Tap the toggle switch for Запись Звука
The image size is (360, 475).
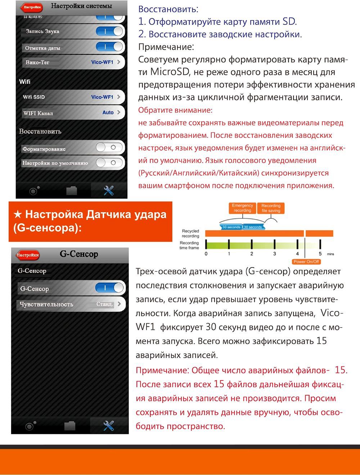109,32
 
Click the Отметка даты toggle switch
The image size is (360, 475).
109,47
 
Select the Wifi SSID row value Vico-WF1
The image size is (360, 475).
102,97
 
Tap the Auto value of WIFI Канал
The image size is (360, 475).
108,113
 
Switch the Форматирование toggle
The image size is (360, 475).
110,147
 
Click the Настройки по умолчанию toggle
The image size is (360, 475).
110,163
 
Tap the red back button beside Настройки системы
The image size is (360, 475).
32,7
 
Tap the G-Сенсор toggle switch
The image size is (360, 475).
109,288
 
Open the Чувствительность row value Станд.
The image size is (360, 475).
105,304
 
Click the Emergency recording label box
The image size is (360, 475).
242,208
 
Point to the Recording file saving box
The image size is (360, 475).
271,208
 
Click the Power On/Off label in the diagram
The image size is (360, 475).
306,262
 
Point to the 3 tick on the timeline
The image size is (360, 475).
274,254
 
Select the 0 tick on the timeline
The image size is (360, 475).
206,254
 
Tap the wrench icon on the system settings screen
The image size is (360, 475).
109,190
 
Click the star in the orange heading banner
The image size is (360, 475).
17,215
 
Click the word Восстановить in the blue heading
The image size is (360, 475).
168,9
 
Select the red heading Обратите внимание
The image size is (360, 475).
175,110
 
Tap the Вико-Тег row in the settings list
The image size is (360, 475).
72,62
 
